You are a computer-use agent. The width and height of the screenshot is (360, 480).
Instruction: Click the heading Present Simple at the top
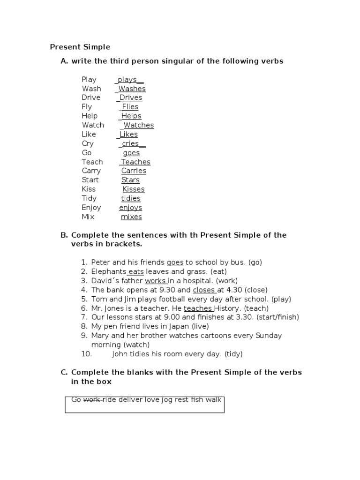[x=80, y=47]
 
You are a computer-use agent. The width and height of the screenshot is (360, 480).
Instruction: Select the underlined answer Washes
[x=132, y=89]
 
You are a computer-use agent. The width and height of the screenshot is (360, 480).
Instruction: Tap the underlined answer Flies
[x=130, y=107]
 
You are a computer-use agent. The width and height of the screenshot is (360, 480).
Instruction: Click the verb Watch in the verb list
[x=93, y=125]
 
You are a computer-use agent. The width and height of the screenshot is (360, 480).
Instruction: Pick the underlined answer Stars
[x=130, y=180]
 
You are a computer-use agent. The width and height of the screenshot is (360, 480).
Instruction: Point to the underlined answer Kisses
[x=134, y=189]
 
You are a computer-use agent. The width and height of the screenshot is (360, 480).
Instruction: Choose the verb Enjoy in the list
[x=91, y=208]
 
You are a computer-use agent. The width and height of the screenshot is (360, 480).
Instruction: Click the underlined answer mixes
[x=131, y=217]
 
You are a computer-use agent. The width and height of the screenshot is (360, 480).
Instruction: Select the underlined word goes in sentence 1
[x=175, y=262]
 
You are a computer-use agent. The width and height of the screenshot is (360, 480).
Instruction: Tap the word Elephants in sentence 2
[x=109, y=272]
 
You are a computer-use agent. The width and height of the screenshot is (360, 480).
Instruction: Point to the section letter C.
[x=64, y=372]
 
